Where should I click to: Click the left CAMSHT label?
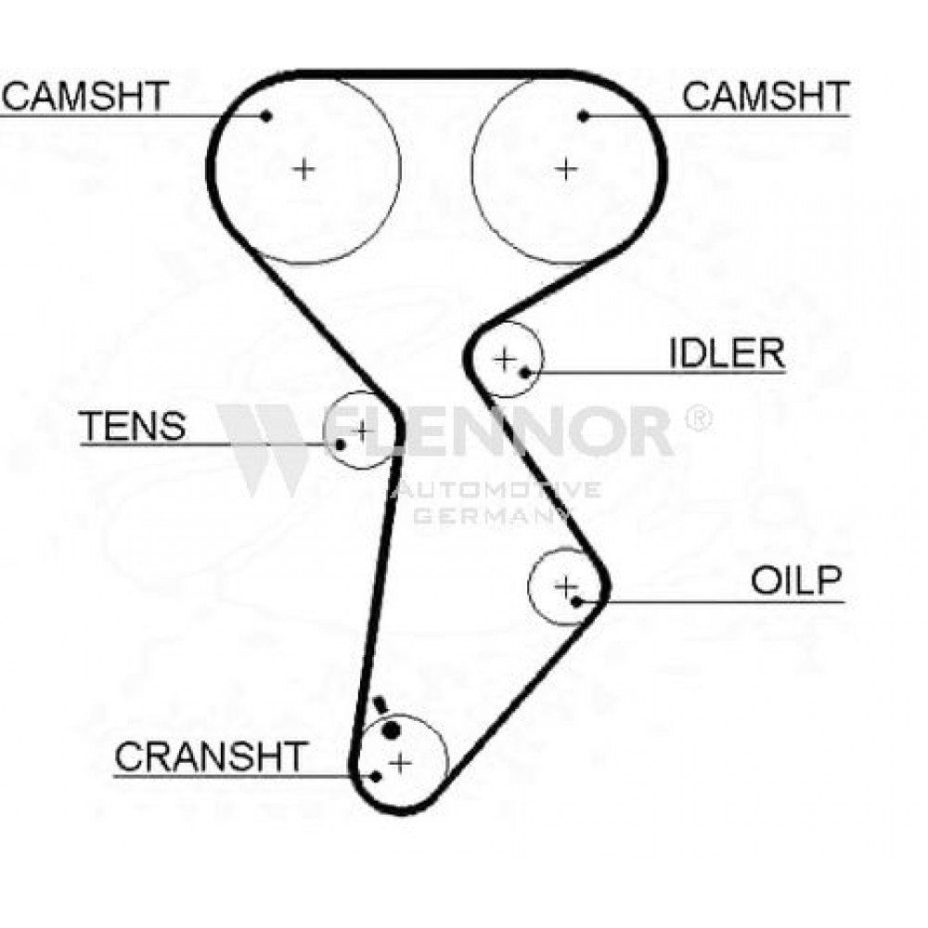[x=85, y=96]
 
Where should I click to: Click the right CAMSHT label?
[x=766, y=96]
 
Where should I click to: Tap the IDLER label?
[x=727, y=354]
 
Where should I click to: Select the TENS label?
[x=133, y=426]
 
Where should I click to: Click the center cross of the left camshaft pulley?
[x=304, y=169]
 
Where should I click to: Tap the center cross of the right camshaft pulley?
[x=566, y=169]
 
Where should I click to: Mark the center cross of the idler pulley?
[x=505, y=358]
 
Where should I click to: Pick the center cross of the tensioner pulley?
[x=360, y=431]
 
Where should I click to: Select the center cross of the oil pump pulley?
[x=566, y=586]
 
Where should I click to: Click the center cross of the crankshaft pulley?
[x=401, y=763]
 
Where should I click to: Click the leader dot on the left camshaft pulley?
[x=266, y=116]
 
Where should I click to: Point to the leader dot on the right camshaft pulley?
[x=584, y=116]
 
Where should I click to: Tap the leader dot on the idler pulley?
[x=524, y=372]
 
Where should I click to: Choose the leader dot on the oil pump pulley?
[x=576, y=602]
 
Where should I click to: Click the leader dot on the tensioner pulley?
[x=341, y=445]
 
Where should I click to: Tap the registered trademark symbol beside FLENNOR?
[x=699, y=419]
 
